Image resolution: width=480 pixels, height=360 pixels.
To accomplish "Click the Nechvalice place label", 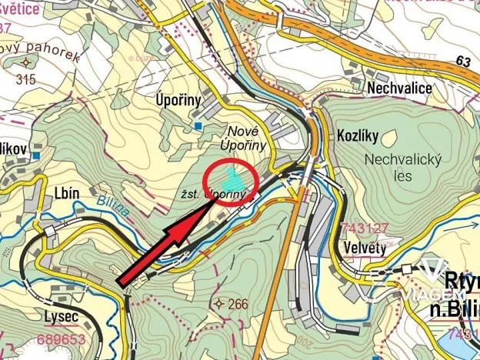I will [399, 88].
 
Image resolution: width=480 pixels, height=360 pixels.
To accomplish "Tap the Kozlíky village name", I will [358, 135].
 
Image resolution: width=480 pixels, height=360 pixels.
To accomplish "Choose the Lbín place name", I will [67, 194].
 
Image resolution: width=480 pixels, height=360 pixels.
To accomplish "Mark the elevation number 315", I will [25, 79].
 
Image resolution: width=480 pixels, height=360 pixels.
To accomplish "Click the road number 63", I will [462, 60].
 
